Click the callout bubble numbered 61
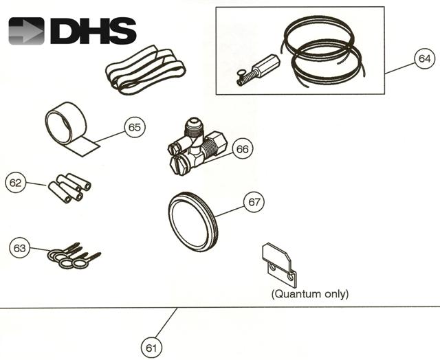tap(151, 348)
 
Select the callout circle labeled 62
tap(16, 183)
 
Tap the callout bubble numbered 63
tap(20, 248)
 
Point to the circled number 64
tap(425, 58)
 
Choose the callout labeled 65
tap(135, 127)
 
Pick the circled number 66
tap(243, 149)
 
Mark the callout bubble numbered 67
tap(254, 202)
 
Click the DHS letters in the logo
tap(93, 31)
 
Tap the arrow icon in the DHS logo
tap(26, 31)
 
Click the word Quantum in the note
tap(298, 294)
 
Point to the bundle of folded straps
tap(145, 70)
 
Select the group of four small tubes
tap(69, 188)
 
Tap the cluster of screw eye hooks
tap(74, 256)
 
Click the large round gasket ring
tap(193, 221)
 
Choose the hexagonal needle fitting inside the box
tap(258, 71)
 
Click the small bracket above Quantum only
tap(280, 265)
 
